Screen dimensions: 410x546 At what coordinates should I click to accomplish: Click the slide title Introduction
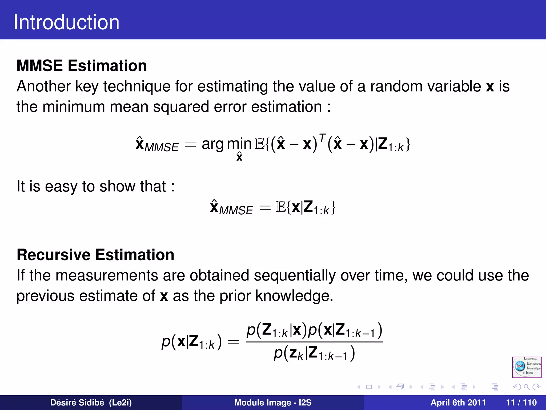click(66, 22)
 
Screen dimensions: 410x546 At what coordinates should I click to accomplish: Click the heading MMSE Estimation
click(82, 66)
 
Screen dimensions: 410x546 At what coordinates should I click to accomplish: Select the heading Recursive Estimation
click(95, 255)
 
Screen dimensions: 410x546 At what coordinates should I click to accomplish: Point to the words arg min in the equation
click(226, 144)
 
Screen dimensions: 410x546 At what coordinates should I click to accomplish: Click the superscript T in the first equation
click(322, 137)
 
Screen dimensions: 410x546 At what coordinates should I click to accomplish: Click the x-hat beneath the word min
click(239, 157)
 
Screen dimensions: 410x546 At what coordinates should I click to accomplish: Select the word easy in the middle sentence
click(61, 186)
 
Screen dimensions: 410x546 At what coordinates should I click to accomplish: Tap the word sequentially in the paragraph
click(295, 275)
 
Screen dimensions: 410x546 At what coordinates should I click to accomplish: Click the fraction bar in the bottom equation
click(315, 342)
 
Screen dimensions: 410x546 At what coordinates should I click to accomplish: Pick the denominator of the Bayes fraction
click(315, 353)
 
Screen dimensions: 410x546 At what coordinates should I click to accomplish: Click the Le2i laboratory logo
click(527, 367)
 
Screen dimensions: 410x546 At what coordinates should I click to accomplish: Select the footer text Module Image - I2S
click(273, 403)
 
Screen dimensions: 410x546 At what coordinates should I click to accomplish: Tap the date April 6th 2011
click(458, 403)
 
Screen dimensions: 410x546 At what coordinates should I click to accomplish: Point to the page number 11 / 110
click(521, 403)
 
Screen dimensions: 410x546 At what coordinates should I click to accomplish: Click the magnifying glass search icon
click(527, 387)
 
